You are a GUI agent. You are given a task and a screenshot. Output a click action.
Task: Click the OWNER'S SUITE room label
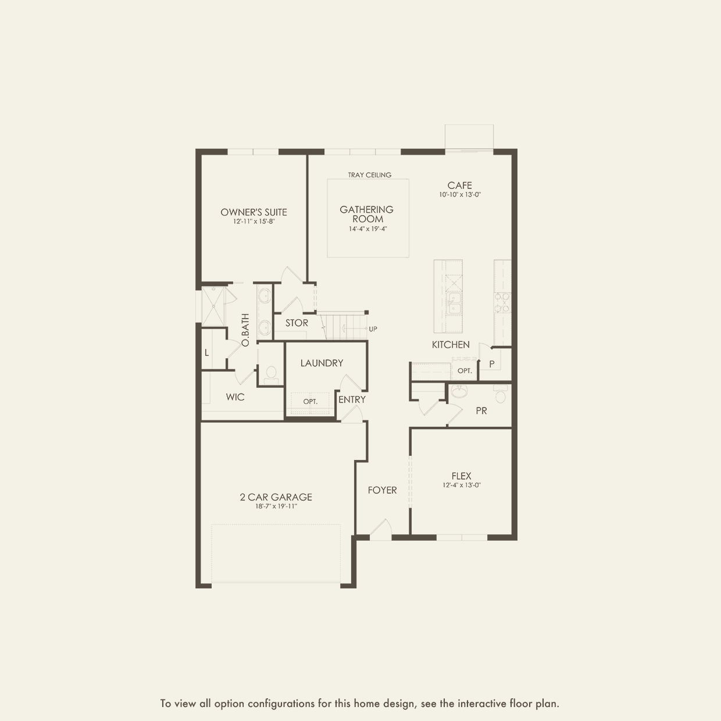click(x=254, y=212)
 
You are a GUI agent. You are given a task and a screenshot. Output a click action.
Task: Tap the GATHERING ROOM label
click(x=367, y=214)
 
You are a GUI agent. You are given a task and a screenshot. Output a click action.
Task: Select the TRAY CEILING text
click(x=370, y=174)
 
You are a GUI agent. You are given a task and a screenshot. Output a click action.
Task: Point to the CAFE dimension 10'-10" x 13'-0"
click(x=460, y=195)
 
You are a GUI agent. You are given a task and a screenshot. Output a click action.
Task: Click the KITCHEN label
click(x=451, y=345)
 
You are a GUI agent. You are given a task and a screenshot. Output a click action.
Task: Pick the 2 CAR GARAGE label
click(x=276, y=497)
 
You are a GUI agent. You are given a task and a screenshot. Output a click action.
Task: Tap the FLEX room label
click(x=461, y=476)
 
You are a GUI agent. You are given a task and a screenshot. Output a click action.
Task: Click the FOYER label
click(x=382, y=490)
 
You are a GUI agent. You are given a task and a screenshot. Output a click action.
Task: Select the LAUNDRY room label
click(x=322, y=363)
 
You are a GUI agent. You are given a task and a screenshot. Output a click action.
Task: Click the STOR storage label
click(x=297, y=323)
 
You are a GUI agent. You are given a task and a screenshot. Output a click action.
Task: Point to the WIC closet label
click(x=235, y=397)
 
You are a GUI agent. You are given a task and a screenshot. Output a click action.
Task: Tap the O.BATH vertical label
click(x=245, y=330)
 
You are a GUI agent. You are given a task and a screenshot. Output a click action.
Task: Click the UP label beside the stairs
click(x=373, y=329)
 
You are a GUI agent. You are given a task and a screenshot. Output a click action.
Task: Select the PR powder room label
click(x=481, y=411)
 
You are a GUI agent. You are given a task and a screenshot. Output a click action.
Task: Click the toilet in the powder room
click(x=500, y=395)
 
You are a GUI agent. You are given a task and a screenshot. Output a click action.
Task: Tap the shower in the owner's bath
click(x=213, y=305)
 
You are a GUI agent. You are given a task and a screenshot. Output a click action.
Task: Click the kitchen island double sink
click(x=454, y=302)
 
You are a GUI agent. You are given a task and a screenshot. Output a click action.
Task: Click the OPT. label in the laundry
click(x=310, y=402)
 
